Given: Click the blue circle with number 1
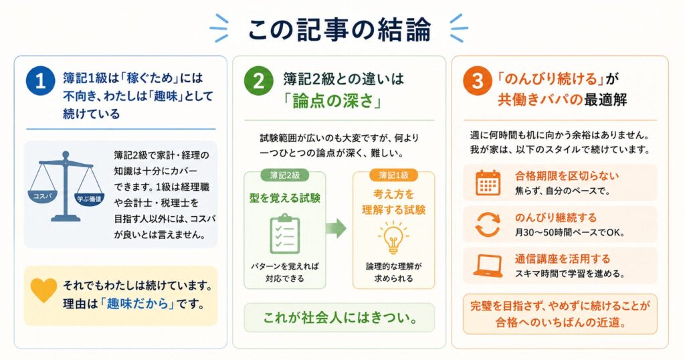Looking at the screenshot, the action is tap(40, 81).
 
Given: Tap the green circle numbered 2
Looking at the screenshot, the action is tap(258, 81).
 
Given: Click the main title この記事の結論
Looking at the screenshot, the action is tap(339, 29).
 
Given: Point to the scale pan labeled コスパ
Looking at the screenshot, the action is tap(42, 197).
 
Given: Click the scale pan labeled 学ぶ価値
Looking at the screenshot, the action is tap(89, 199).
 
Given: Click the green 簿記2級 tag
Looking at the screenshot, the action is tap(284, 175).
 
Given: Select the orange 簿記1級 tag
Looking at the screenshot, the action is tap(393, 175).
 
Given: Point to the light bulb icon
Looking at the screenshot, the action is tap(393, 237).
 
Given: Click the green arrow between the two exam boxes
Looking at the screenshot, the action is tap(336, 228).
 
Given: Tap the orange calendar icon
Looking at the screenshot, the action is tap(488, 183).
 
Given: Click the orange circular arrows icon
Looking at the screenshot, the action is tap(488, 225).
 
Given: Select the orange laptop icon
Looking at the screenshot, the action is tap(488, 266).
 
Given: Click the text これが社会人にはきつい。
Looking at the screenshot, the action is tap(339, 317).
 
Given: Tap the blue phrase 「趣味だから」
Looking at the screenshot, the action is tap(137, 303).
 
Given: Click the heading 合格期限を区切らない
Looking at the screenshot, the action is tap(567, 176).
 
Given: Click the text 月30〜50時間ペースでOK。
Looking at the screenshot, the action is tap(570, 232).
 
